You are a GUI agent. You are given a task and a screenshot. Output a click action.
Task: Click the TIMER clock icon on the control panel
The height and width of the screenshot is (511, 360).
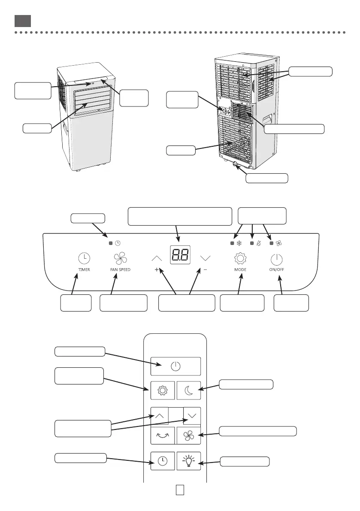85,258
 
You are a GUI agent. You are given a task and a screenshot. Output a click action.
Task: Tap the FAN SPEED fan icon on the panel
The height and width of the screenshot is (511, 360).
117,259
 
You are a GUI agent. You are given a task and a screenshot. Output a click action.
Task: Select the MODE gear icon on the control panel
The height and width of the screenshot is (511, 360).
240,259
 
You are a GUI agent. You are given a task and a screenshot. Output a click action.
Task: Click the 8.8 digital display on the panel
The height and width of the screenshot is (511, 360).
180,256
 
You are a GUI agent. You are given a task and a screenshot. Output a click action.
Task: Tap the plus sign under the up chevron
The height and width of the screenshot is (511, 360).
157,270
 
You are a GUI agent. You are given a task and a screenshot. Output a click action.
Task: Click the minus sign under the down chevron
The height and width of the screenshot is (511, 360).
205,270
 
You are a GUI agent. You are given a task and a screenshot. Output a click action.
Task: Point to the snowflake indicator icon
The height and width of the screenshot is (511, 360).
239,243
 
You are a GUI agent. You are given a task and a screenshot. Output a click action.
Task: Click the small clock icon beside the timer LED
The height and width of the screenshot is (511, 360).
118,243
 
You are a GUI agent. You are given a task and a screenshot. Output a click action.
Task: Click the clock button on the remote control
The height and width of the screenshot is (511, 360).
163,461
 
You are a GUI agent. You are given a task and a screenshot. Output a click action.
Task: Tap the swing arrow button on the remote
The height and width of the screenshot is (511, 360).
163,435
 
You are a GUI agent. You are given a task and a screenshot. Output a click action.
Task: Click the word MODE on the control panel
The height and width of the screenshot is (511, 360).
240,270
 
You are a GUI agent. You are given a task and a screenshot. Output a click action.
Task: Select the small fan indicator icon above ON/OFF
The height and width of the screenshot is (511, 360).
279,243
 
